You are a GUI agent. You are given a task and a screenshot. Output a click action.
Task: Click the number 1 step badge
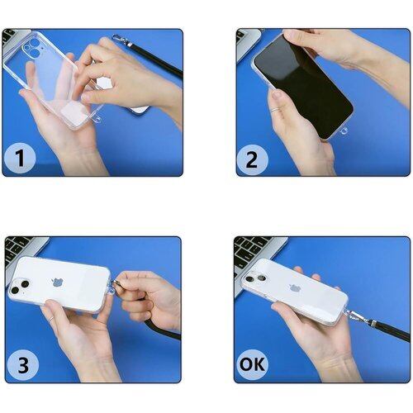pyautogui.click(x=20, y=158)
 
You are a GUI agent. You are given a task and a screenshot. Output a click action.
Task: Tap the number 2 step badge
pyautogui.click(x=252, y=159)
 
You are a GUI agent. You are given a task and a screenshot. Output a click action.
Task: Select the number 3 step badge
pyautogui.click(x=23, y=365)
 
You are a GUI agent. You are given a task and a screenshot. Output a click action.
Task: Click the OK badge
pyautogui.click(x=252, y=364)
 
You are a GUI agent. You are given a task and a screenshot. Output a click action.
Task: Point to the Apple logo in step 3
pyautogui.click(x=58, y=282)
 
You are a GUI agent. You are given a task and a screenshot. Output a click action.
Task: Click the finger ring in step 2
pyautogui.click(x=275, y=110)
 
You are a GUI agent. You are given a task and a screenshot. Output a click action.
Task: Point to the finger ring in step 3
pyautogui.click(x=51, y=319)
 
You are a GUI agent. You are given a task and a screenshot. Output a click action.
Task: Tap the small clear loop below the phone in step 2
pyautogui.click(x=344, y=131)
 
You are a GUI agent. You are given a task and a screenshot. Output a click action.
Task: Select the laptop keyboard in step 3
pyautogui.click(x=17, y=250)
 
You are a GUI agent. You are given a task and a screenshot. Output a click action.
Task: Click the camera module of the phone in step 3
pyautogui.click(x=19, y=287)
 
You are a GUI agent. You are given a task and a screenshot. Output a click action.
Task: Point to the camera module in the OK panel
pyautogui.click(x=255, y=278)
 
